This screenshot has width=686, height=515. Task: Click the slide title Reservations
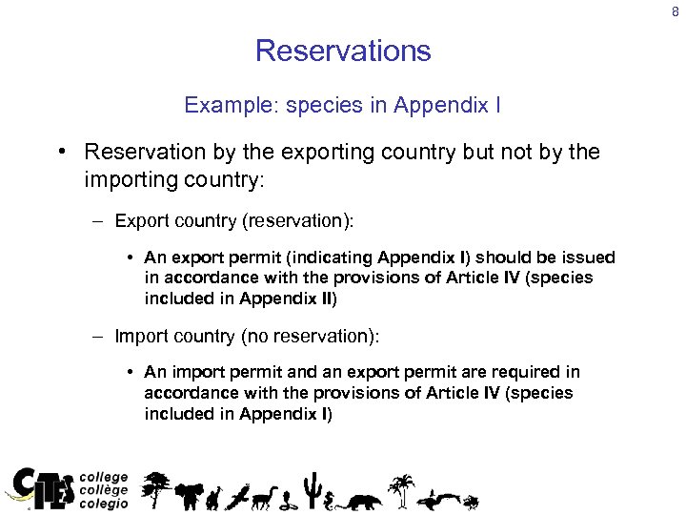click(343, 51)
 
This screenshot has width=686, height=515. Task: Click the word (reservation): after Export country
click(297, 221)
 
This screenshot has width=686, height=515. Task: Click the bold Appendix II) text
click(289, 298)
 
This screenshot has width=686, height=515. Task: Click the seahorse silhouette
click(332, 498)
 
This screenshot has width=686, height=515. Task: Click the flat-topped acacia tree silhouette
click(157, 488)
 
